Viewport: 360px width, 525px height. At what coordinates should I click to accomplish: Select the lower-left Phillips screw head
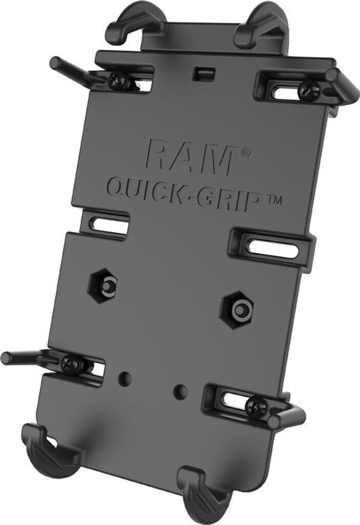[69, 364]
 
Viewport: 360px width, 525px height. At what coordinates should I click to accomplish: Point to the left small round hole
[124, 378]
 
